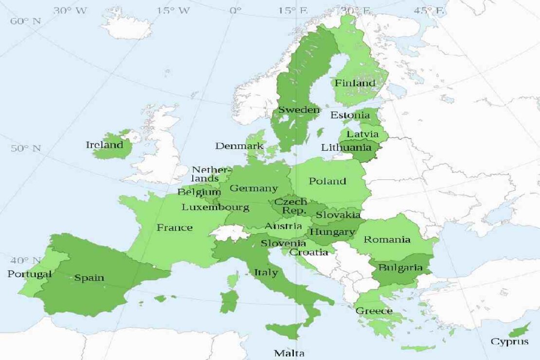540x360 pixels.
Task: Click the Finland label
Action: click(x=355, y=83)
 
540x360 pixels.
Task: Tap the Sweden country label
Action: click(x=299, y=110)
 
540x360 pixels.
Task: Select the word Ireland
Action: click(x=105, y=144)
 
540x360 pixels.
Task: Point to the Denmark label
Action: click(x=239, y=146)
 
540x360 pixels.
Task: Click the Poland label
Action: click(x=327, y=181)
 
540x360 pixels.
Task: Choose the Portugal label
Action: click(x=29, y=274)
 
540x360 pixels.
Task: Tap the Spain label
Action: click(x=89, y=278)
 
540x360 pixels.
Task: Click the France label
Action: click(x=174, y=227)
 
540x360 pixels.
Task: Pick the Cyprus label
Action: click(x=509, y=342)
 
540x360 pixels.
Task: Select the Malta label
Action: click(x=289, y=353)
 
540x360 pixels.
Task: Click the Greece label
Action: click(x=374, y=311)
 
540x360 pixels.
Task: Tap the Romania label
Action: click(x=387, y=239)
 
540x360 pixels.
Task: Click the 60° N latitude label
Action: click(x=25, y=21)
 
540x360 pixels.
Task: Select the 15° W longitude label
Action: click(x=173, y=10)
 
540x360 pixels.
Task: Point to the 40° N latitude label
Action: click(x=25, y=260)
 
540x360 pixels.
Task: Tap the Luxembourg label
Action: click(x=215, y=207)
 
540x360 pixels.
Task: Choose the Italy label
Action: click(x=266, y=272)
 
